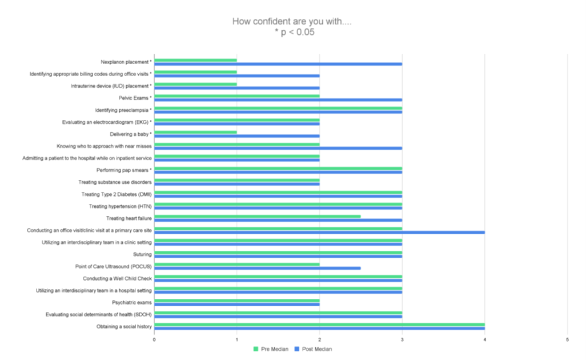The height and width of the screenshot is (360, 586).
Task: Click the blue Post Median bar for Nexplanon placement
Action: pyautogui.click(x=278, y=64)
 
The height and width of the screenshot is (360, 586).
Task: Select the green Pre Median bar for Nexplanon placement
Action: pyautogui.click(x=195, y=60)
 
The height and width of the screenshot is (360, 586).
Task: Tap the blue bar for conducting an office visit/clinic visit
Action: pyautogui.click(x=319, y=232)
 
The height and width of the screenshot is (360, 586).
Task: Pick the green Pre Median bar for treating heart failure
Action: pyautogui.click(x=257, y=217)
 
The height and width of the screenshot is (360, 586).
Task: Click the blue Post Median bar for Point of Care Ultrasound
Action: pyautogui.click(x=257, y=268)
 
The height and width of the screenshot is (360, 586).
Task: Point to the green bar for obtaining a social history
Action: pyautogui.click(x=319, y=324)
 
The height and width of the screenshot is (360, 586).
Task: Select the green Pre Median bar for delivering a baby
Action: pyautogui.click(x=195, y=132)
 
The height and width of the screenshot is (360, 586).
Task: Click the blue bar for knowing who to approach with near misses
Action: pyautogui.click(x=278, y=148)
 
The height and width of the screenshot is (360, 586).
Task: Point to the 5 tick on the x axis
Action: pyautogui.click(x=567, y=340)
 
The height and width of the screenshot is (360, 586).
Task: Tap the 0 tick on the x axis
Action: pyautogui.click(x=154, y=340)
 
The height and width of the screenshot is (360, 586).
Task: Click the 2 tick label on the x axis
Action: pyautogui.click(x=319, y=340)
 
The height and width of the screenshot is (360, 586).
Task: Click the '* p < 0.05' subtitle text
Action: pyautogui.click(x=294, y=32)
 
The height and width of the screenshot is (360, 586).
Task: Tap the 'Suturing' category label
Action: pyautogui.click(x=142, y=254)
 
